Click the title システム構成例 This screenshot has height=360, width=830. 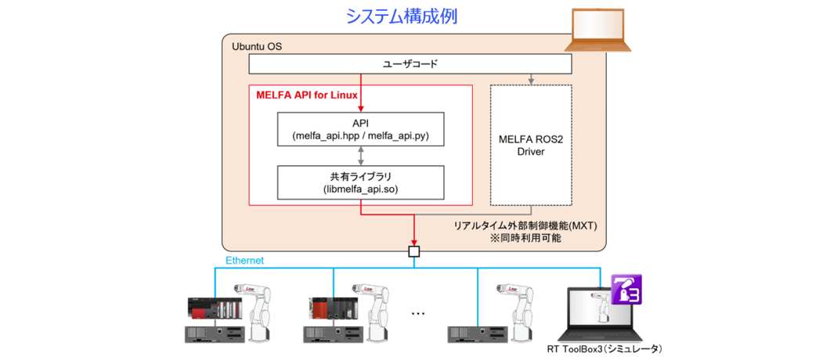coord(402,16)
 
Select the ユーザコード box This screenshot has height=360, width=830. coord(410,64)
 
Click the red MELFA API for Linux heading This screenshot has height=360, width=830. coord(307,95)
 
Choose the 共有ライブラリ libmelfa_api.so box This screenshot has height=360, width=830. coord(360,182)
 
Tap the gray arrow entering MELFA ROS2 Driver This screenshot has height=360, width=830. coord(531,79)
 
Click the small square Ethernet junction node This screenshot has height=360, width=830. coord(413,251)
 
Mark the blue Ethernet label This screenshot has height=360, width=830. coord(244,260)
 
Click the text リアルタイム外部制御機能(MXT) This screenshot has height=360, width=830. coord(525,225)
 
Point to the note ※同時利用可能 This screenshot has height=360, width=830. coord(525,238)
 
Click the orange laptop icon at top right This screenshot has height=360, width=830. coord(600,31)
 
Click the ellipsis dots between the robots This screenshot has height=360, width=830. coord(417,314)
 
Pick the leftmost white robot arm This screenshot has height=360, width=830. coord(261,312)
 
